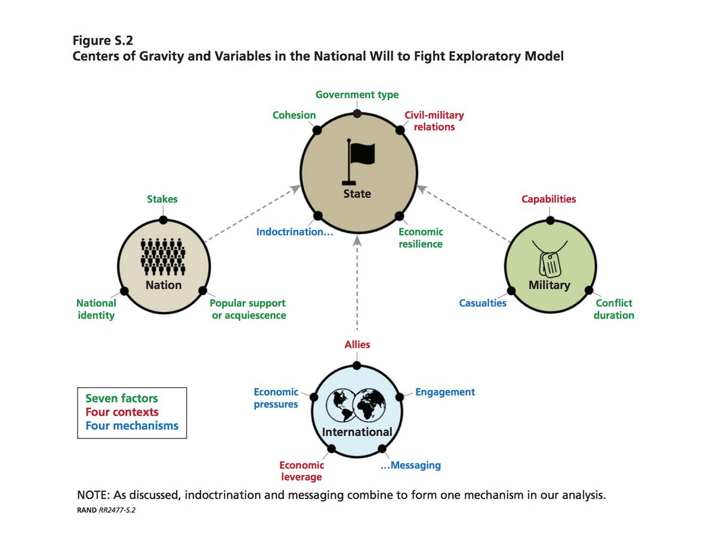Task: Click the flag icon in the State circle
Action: click(358, 162)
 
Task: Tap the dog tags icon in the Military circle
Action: click(550, 259)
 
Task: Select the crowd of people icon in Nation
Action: click(163, 256)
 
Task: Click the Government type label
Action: click(357, 95)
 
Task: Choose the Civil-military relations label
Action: click(434, 120)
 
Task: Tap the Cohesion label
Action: click(294, 115)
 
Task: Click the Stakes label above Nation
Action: click(162, 199)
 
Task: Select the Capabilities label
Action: click(549, 199)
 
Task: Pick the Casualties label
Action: click(483, 303)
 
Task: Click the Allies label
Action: click(357, 344)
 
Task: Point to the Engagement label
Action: click(445, 392)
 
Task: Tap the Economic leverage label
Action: click(301, 471)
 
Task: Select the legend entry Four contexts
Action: click(122, 412)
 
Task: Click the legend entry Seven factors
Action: click(122, 398)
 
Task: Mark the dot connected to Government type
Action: click(357, 113)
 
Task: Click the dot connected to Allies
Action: click(357, 366)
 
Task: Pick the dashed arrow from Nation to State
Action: click(252, 214)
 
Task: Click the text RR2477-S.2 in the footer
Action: click(117, 510)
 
